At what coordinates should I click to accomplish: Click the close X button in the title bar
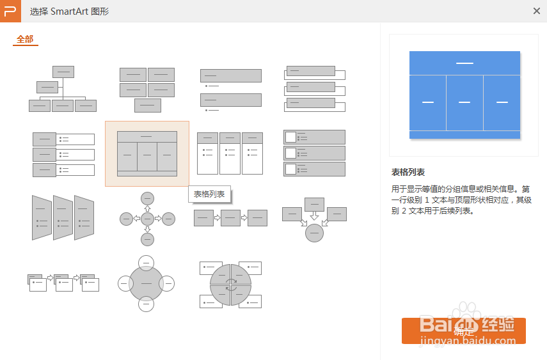(536, 11)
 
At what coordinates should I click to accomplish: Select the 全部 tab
(25, 39)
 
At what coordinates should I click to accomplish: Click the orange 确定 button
(463, 331)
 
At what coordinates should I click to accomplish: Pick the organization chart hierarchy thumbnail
(63, 89)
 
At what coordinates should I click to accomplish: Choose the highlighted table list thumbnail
(147, 153)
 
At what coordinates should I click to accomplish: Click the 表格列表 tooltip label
(209, 194)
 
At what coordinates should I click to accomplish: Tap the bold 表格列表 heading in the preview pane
(408, 172)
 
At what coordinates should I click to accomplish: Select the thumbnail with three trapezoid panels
(63, 217)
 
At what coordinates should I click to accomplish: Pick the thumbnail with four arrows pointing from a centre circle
(147, 219)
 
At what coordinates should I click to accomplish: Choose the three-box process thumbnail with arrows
(230, 218)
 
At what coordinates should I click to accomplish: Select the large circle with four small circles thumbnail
(147, 283)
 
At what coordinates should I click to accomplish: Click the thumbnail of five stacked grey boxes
(147, 90)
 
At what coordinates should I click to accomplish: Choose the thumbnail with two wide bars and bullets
(230, 90)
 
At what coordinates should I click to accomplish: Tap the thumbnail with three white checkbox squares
(314, 153)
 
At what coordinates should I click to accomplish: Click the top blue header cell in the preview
(464, 63)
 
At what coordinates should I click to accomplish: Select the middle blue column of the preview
(464, 102)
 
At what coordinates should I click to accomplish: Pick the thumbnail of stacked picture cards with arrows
(63, 281)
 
